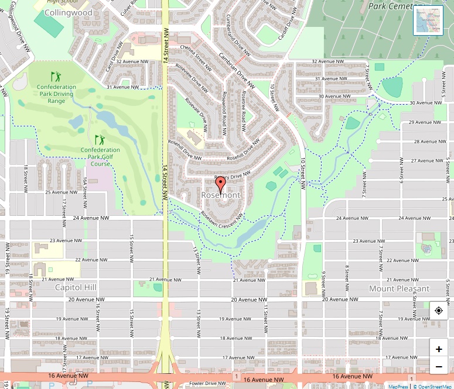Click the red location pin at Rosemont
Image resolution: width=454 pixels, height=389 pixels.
(x=220, y=185)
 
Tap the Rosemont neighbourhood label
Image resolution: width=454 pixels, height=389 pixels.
(x=221, y=194)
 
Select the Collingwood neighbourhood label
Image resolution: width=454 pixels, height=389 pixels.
(x=69, y=12)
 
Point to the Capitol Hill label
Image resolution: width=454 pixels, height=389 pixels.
(x=76, y=288)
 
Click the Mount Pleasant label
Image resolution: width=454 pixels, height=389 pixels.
(x=399, y=288)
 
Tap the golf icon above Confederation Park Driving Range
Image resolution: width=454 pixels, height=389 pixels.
(x=56, y=77)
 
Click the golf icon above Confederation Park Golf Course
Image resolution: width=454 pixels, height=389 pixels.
(x=99, y=140)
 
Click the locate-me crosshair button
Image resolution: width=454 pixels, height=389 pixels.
(x=439, y=311)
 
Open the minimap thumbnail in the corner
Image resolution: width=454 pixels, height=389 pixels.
(x=428, y=20)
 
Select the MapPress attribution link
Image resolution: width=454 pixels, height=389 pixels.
(x=398, y=386)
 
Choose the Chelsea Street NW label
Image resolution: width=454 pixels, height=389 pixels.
(x=195, y=55)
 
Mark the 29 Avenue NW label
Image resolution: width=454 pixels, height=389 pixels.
(x=424, y=122)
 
